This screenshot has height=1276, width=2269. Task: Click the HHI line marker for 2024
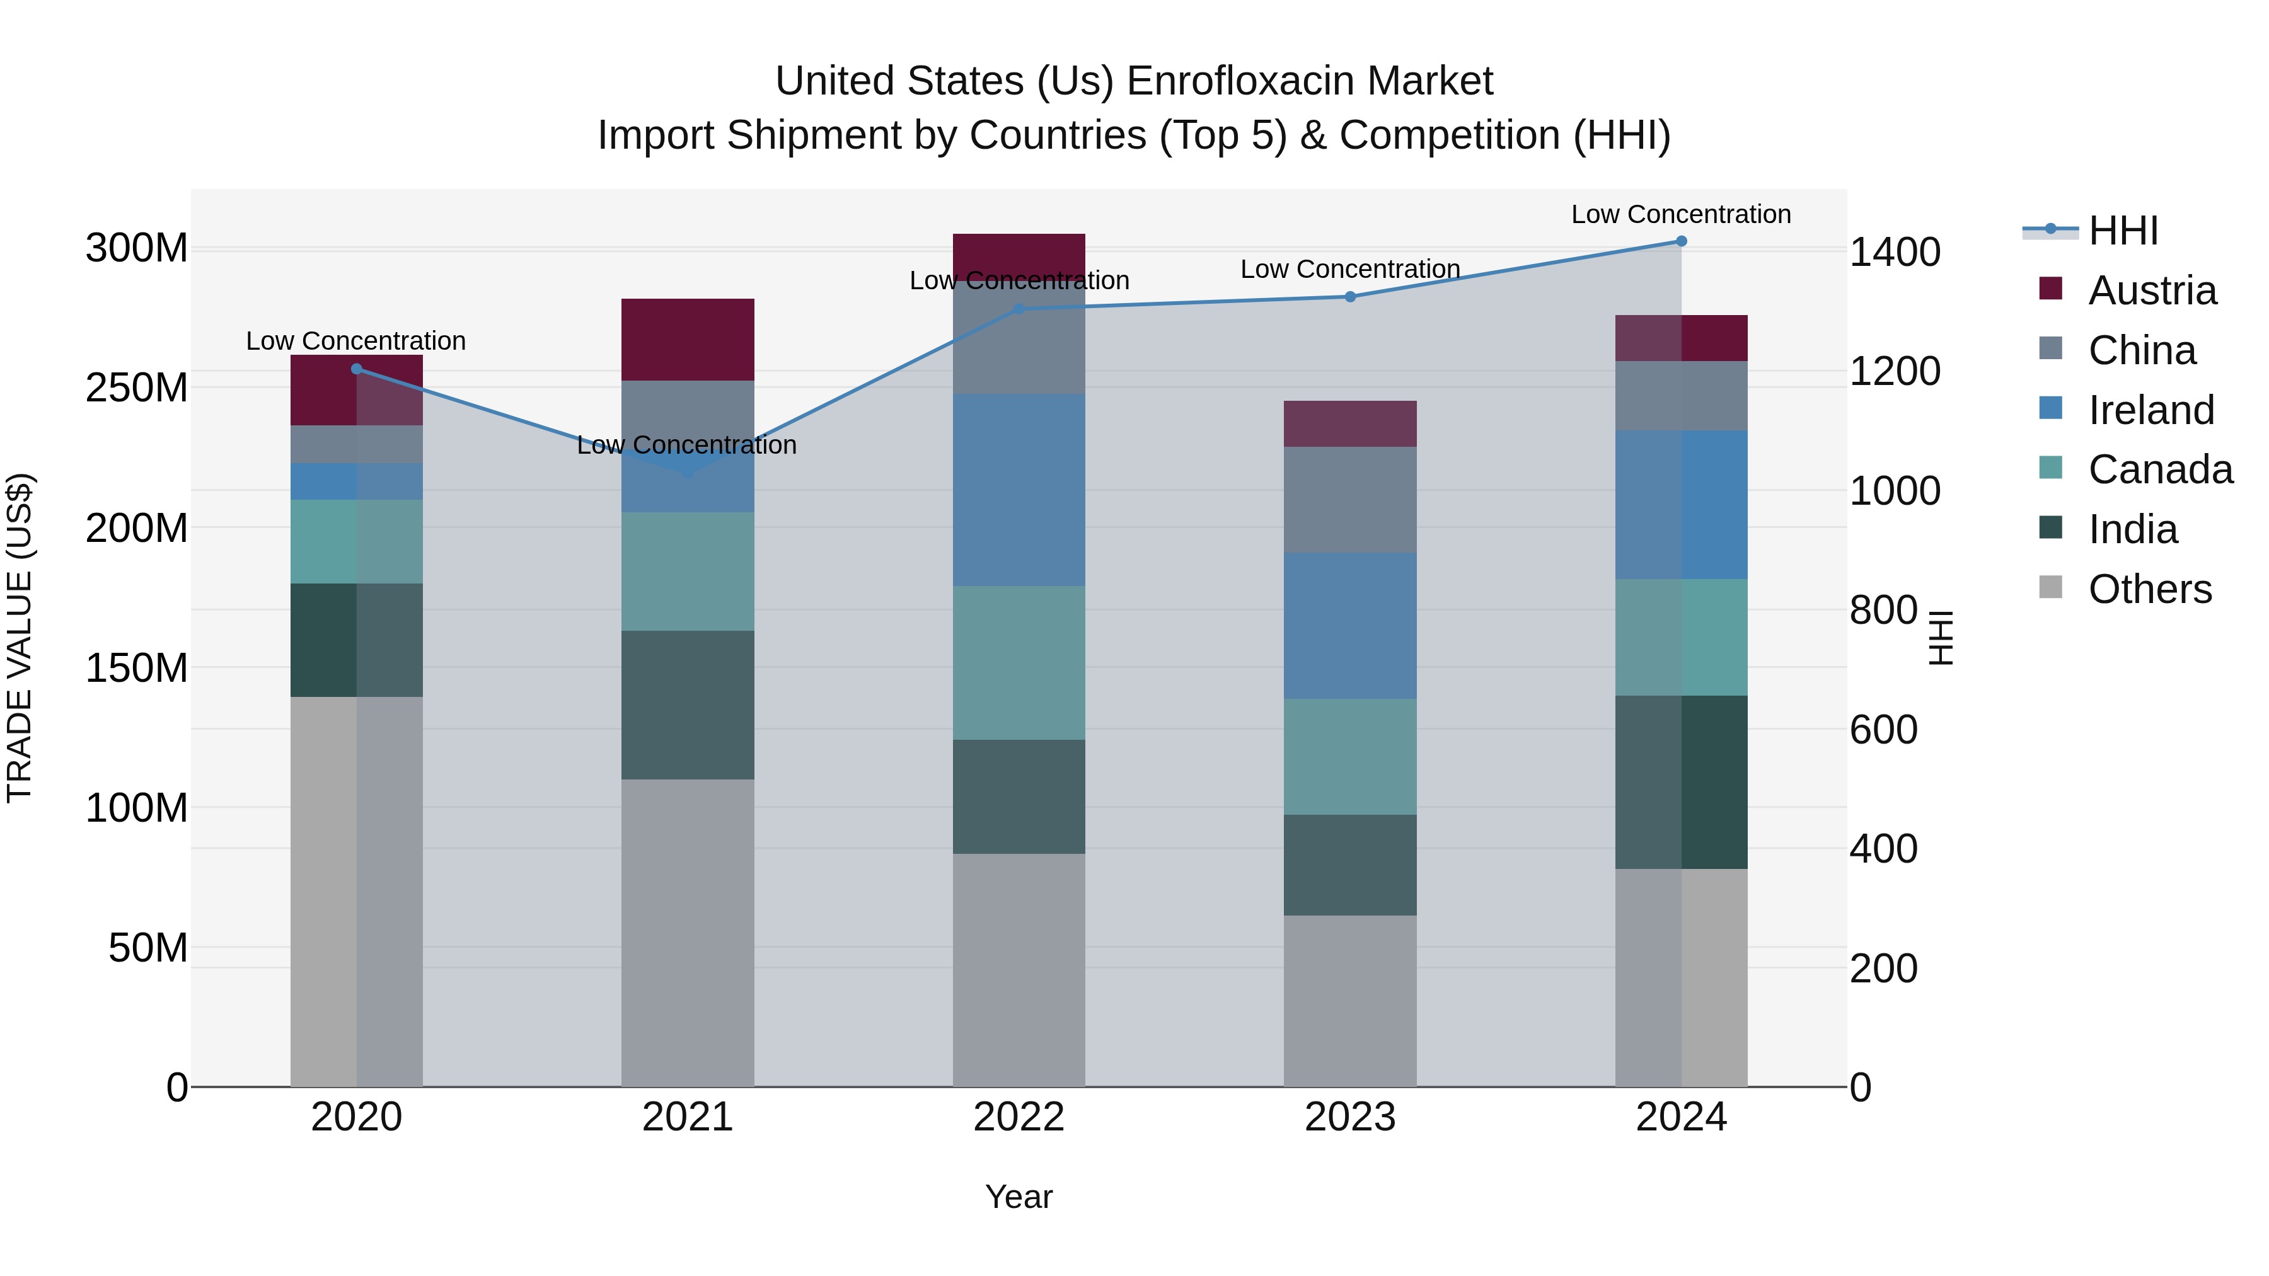point(1680,241)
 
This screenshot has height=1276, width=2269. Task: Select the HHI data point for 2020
point(357,369)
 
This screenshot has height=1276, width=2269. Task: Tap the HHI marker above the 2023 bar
point(1349,297)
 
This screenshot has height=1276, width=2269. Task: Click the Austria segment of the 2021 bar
point(688,340)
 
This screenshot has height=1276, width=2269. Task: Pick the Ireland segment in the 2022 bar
point(1019,490)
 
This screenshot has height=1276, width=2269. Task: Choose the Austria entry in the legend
point(2151,290)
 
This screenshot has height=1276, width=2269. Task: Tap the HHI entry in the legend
point(2123,231)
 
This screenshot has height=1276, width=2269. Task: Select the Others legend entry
point(2149,589)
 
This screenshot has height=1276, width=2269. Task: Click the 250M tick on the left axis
point(137,388)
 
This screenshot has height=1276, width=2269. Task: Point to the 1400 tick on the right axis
point(1895,252)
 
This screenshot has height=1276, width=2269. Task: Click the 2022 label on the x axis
point(1019,1117)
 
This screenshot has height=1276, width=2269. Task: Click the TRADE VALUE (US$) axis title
point(20,638)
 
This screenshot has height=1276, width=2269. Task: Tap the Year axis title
point(1019,1197)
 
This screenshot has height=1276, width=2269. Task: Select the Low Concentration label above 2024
point(1680,214)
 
